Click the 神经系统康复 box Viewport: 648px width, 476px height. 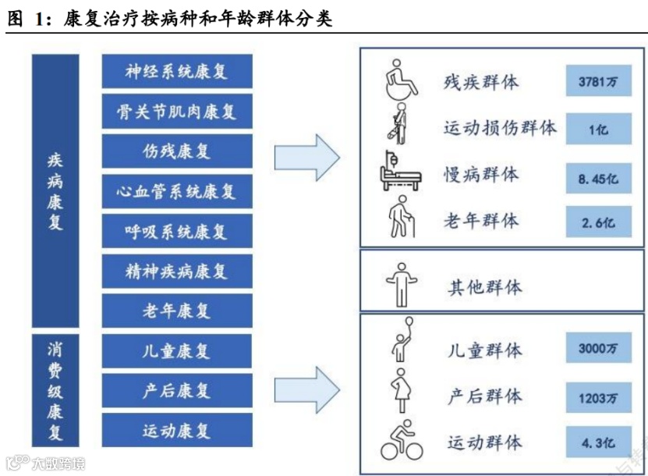[177, 72]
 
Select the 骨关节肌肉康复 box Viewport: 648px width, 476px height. [177, 112]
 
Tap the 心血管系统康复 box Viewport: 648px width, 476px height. [177, 191]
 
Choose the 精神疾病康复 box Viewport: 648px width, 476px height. [177, 271]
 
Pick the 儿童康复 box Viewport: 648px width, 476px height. [177, 350]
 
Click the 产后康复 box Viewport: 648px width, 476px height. [177, 390]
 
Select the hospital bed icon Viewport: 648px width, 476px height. [402, 174]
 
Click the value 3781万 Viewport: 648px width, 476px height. [598, 81]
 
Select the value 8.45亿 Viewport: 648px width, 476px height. [598, 176]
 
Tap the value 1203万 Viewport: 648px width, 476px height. [598, 397]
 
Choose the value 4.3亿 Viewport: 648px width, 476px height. [598, 443]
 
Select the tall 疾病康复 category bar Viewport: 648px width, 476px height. [55, 191]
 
